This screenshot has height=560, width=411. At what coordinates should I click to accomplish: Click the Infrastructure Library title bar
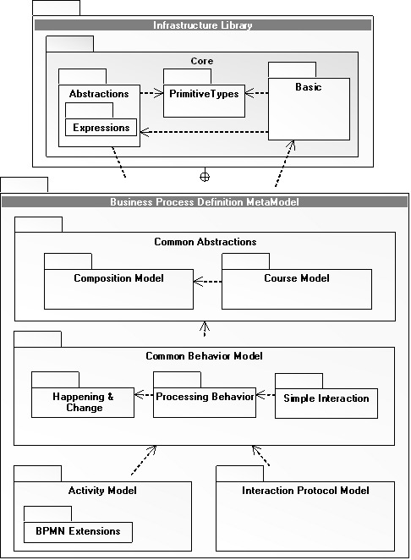coord(203,25)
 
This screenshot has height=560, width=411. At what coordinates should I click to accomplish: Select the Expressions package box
coord(101,127)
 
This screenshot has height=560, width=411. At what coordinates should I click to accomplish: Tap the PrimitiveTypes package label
coord(204,94)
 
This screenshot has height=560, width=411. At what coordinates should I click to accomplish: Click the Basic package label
coord(308,87)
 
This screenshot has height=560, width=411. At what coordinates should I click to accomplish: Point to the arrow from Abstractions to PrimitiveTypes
coord(151,94)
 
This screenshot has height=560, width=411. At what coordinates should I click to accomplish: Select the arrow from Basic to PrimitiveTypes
coord(257,93)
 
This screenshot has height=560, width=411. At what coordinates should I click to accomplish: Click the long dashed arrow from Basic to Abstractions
coord(205,132)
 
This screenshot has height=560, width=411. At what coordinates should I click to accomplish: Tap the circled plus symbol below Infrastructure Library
coord(205,177)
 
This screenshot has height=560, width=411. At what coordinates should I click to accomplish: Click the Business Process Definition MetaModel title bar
coord(205,202)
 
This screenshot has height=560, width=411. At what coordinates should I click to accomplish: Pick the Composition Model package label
coord(119,278)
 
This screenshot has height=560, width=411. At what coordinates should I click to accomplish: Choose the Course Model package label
coord(297,278)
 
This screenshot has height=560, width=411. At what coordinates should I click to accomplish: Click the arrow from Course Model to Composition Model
coord(207,282)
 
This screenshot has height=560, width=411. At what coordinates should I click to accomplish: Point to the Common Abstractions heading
coord(205,242)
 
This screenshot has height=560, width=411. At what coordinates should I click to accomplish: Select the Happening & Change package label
coord(83,402)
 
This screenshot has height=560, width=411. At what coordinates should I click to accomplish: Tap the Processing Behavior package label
coord(205,397)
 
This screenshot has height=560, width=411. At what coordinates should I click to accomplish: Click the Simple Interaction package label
coord(326,398)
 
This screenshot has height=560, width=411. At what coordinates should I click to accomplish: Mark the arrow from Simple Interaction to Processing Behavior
coord(266,395)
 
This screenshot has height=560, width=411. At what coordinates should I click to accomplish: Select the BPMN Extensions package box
coord(78,532)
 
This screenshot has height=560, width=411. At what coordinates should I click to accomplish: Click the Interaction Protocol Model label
coord(305,491)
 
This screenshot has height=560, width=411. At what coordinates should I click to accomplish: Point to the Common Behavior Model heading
coord(205,356)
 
